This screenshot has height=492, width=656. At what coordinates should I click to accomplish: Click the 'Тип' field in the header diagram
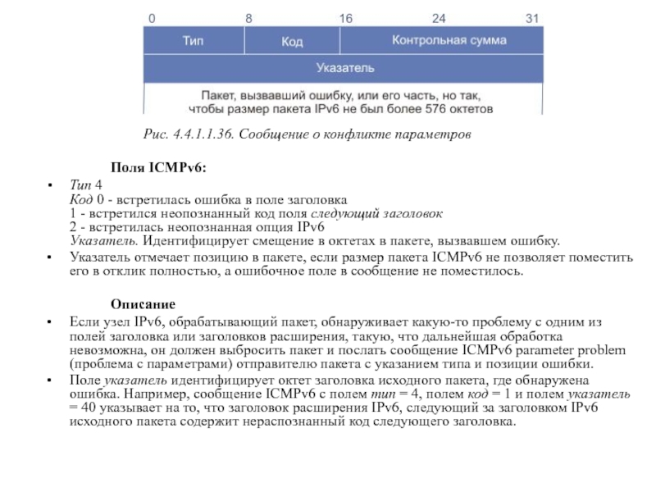coord(193,39)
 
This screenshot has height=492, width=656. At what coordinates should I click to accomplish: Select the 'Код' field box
coord(293,39)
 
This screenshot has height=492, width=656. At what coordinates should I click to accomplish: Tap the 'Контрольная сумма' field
coord(449,39)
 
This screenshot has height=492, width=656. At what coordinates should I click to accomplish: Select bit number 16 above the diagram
coord(346,16)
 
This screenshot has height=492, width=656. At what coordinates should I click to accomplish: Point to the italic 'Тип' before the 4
coord(81,185)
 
